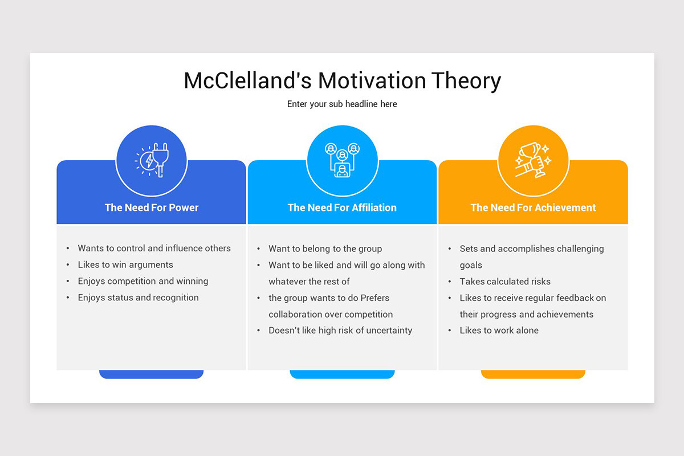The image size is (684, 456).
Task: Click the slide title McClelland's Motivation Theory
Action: [342, 81]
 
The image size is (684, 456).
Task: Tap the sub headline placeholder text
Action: [342, 104]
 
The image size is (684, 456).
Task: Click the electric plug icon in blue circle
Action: [152, 161]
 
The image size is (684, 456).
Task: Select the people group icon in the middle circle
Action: [342, 161]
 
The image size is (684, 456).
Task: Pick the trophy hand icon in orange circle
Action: [533, 161]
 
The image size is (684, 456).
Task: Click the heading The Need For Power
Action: [152, 207]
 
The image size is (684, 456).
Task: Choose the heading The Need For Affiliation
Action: [342, 207]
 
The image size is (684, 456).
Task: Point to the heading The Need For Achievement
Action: [533, 207]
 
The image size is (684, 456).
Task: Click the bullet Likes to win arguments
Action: [125, 264]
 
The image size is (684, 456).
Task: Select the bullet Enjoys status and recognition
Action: [139, 298]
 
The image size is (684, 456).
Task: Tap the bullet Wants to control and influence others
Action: [154, 249]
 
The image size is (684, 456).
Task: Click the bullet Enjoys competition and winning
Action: [143, 281]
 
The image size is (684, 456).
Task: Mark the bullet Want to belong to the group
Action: [325, 249]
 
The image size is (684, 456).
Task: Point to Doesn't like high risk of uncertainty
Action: [340, 331]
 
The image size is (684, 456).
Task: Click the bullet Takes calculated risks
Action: [505, 282]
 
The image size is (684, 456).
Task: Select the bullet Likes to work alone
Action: [499, 331]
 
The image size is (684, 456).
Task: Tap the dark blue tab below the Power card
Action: [152, 374]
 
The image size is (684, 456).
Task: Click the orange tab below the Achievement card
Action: [533, 374]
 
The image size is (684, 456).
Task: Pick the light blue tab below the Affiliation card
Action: [342, 374]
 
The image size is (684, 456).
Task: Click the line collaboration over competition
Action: [331, 314]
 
